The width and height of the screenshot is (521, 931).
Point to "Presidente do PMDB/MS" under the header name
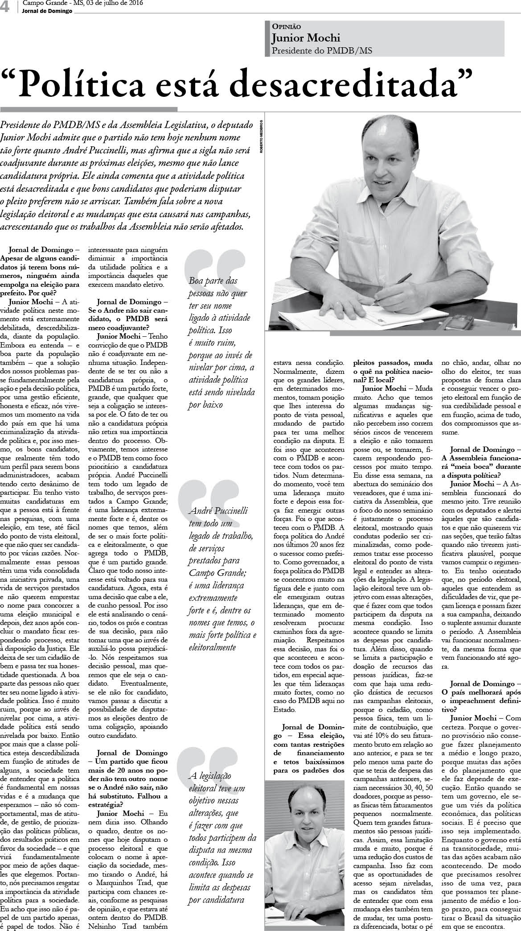[322, 50]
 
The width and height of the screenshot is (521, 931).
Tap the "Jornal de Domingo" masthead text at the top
[47, 11]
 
